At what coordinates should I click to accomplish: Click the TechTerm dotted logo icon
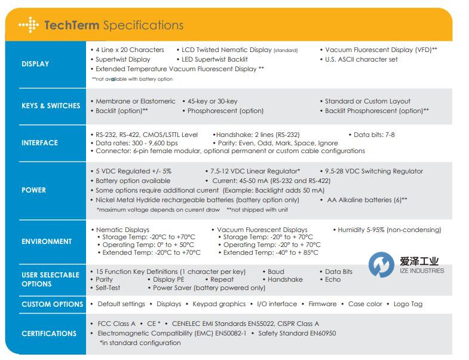click(29, 25)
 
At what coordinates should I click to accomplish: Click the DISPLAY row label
click(35, 64)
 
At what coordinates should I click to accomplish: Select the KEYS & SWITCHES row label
click(51, 106)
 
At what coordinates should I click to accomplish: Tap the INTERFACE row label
click(40, 143)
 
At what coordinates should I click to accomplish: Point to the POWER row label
click(33, 190)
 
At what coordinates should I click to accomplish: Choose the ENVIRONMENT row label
click(47, 242)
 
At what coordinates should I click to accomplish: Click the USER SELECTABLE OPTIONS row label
click(50, 279)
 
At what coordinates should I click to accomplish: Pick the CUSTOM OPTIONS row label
click(53, 304)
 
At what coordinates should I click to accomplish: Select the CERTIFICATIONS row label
click(49, 334)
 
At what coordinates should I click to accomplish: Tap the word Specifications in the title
click(143, 25)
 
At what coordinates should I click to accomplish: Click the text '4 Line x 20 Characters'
click(130, 50)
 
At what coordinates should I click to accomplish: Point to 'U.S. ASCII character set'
click(361, 59)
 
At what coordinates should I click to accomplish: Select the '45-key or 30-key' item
click(212, 101)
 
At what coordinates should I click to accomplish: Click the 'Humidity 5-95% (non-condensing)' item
click(390, 230)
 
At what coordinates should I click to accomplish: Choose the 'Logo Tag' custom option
click(408, 304)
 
